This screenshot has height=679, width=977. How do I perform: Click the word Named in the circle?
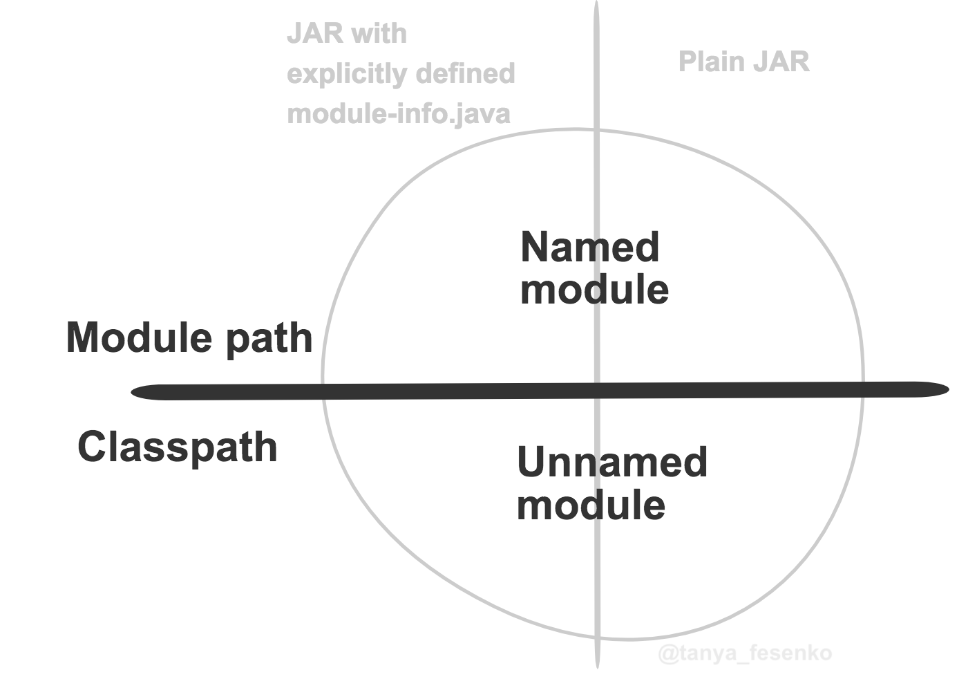tap(589, 248)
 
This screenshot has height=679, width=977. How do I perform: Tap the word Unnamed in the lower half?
tap(611, 462)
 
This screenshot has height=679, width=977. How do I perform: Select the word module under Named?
tap(594, 290)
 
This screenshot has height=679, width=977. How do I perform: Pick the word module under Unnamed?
tap(591, 505)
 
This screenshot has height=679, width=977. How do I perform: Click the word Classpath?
tap(178, 447)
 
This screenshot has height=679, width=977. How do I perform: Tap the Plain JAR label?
tap(743, 62)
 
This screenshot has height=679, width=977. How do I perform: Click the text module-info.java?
tap(399, 113)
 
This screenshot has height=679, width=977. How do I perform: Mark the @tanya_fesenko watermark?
tap(745, 653)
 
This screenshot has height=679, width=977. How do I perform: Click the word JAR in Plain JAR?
tap(781, 62)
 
